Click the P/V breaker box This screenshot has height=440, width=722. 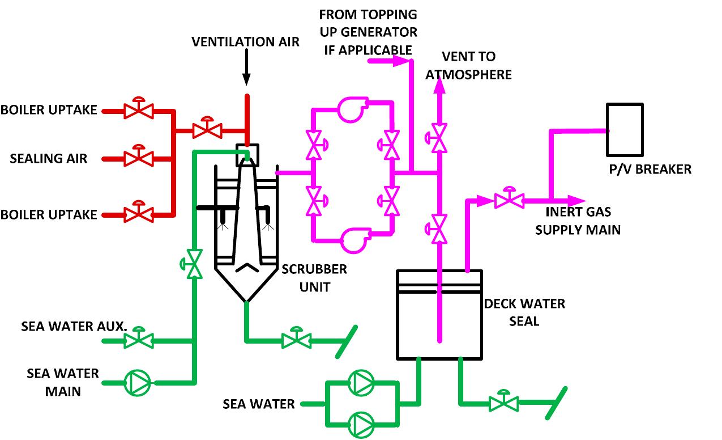coord(625,130)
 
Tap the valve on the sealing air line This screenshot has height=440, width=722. coord(136,158)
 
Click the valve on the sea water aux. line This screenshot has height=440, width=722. coord(136,340)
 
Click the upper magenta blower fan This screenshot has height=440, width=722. coord(352,109)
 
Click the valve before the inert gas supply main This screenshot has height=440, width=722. coord(509,200)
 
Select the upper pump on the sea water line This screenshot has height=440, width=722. coord(361,383)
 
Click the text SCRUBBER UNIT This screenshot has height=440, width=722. coord(314,278)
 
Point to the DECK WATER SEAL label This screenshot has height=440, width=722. coord(524,312)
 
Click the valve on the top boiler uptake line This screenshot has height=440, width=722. coord(136,111)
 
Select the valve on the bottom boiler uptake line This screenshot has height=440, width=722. coord(136,214)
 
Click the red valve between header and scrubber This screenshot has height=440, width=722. coord(207,130)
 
